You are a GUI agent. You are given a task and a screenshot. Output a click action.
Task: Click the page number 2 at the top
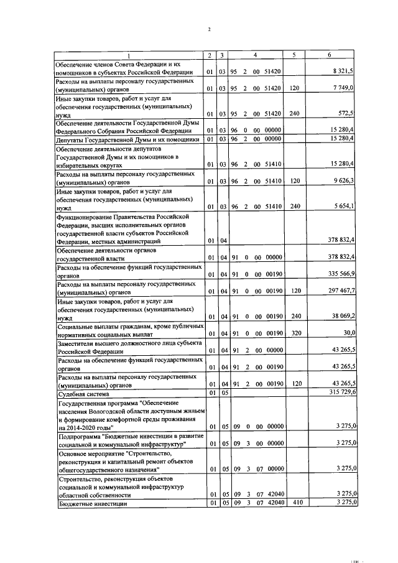coord(209,29)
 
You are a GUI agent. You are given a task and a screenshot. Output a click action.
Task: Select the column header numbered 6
coord(329,55)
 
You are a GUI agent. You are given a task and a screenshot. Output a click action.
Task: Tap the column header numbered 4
coord(255,55)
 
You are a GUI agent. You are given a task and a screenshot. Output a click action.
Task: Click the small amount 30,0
coord(348,333)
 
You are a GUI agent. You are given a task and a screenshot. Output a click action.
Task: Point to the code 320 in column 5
coord(296,333)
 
